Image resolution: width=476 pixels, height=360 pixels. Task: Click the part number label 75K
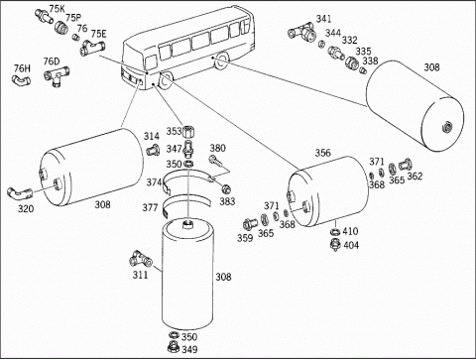(x=57, y=9)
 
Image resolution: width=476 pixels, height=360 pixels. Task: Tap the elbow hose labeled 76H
(x=21, y=79)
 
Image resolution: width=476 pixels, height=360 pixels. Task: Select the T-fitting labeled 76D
(x=57, y=75)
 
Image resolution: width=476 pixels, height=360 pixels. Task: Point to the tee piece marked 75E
(x=92, y=48)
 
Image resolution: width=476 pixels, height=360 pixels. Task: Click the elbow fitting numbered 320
(x=20, y=193)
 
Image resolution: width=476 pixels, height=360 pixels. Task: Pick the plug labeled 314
(x=153, y=150)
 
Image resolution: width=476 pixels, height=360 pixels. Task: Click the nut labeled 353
(x=188, y=131)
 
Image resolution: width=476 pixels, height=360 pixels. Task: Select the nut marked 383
(x=226, y=189)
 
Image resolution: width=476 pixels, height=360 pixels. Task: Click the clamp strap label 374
(x=154, y=182)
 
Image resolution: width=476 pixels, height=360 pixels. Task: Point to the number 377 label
(x=150, y=207)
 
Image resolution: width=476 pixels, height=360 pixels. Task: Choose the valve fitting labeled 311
(x=140, y=259)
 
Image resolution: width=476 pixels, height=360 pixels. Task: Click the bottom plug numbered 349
(x=174, y=347)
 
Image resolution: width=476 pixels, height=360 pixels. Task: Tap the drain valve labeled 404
(x=335, y=245)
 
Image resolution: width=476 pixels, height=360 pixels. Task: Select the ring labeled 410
(x=335, y=232)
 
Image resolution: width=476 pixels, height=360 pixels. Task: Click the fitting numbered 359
(x=249, y=224)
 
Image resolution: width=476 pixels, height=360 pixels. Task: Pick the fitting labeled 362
(x=405, y=165)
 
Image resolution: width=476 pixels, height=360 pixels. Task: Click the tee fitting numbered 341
(x=301, y=32)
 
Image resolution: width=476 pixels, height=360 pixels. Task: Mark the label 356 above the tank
(x=322, y=153)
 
